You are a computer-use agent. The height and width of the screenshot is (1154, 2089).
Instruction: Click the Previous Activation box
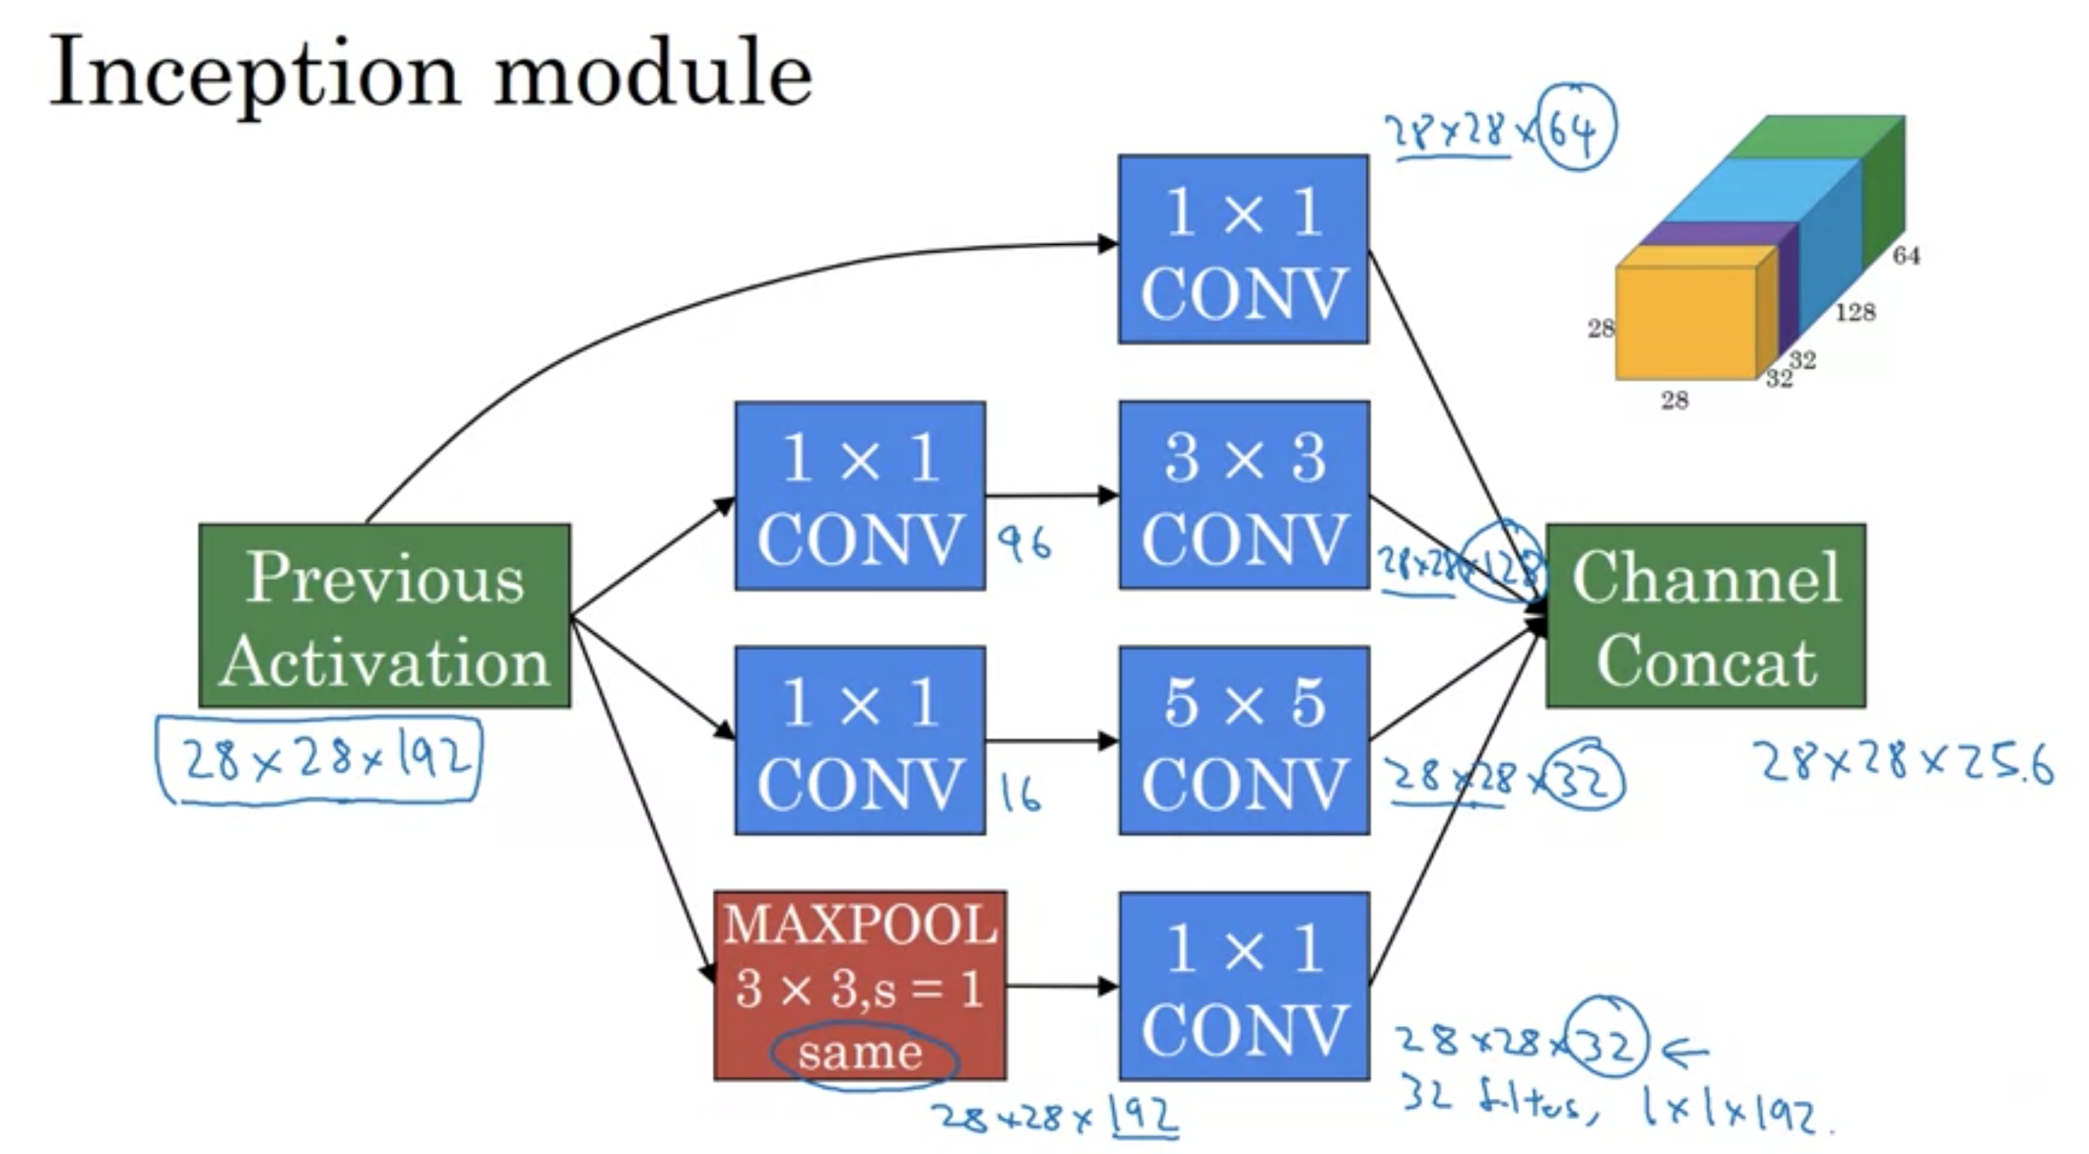pos(384,616)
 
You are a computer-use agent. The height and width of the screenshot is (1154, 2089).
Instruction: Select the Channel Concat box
pos(1705,616)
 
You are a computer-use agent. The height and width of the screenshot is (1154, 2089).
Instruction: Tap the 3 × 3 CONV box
pos(1244,495)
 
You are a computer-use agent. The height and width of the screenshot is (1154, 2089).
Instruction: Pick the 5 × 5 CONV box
pos(1244,740)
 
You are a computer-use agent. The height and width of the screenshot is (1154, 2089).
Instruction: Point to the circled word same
pos(861,1053)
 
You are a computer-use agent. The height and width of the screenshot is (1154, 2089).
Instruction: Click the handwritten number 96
pos(1024,544)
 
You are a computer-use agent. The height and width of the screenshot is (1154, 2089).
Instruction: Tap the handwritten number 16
pos(1020,793)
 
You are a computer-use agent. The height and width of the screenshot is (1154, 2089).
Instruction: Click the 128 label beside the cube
pos(1855,313)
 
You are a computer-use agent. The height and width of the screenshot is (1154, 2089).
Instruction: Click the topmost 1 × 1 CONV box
pos(1243,249)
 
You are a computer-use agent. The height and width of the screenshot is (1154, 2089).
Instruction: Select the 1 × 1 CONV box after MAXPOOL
pos(1244,986)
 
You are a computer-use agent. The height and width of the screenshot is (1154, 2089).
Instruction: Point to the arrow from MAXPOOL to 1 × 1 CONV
pos(1061,987)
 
